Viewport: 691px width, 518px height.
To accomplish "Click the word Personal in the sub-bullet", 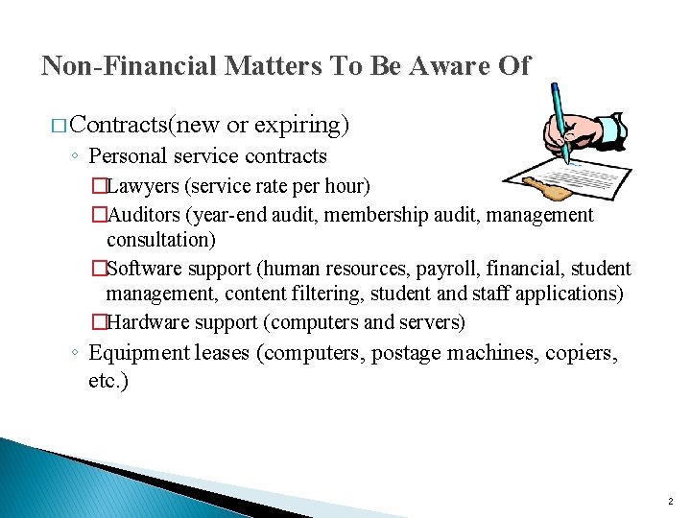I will [x=128, y=156].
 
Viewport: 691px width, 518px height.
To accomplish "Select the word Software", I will [x=150, y=269].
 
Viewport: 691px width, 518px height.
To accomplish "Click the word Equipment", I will [x=140, y=353].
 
